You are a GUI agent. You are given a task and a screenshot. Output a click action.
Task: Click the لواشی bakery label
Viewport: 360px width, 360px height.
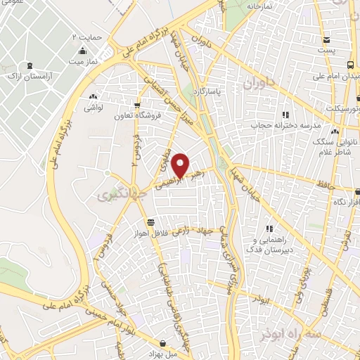tap(93, 108)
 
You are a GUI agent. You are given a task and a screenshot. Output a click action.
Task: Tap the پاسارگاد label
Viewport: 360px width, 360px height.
tap(228, 91)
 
